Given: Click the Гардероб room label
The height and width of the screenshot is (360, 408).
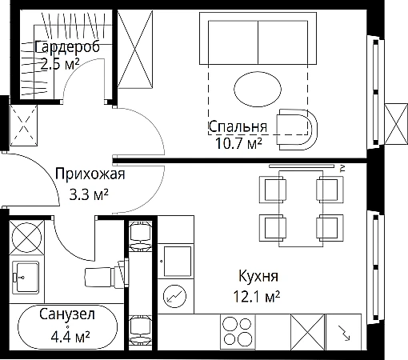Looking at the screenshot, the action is (67, 47).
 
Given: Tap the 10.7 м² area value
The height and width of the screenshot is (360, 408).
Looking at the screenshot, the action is (238, 144).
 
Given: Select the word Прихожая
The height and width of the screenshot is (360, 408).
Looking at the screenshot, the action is (90, 174).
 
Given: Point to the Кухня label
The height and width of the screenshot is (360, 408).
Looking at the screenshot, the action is (258, 276).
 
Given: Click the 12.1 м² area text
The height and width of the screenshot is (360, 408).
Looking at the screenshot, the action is (257, 297).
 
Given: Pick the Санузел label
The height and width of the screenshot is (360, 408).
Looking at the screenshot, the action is (67, 314).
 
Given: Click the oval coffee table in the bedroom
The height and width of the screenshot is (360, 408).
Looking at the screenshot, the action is (258, 89).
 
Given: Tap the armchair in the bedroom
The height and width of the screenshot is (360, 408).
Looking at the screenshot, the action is (297, 130).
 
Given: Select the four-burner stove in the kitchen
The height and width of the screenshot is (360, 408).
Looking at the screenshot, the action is (238, 332).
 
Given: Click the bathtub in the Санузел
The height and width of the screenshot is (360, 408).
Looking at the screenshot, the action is (67, 327).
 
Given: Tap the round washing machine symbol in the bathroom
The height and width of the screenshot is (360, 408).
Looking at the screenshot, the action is (26, 238).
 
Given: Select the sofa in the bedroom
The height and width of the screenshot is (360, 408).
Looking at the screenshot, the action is (258, 38).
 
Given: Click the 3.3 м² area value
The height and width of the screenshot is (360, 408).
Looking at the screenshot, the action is (89, 194).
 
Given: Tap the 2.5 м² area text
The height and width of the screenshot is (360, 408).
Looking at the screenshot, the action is (60, 64).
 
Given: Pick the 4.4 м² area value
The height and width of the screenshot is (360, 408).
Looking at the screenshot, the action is (70, 337).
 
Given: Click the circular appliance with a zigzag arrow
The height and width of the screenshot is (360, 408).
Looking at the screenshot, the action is (175, 296).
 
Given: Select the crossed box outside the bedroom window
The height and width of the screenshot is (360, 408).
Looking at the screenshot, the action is (396, 124).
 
